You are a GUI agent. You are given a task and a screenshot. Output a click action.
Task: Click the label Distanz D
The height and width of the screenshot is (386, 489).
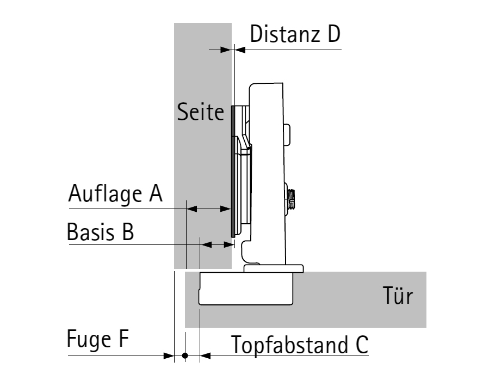tap(295, 34)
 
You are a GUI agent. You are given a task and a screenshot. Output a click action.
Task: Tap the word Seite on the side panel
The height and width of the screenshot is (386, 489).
tap(201, 112)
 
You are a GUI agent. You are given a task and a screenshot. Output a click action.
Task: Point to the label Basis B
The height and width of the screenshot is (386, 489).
tap(100, 232)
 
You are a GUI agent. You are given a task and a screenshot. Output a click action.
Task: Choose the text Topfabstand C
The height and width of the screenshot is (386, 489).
tap(300, 345)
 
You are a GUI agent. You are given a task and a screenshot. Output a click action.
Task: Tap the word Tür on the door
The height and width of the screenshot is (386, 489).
tap(398, 297)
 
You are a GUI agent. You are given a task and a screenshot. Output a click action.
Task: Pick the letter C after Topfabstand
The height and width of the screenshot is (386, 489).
tap(362, 345)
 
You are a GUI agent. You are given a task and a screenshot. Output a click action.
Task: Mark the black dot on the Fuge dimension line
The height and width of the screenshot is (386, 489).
tap(185, 356)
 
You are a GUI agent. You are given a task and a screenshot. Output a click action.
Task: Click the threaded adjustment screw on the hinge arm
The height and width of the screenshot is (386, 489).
tap(292, 198)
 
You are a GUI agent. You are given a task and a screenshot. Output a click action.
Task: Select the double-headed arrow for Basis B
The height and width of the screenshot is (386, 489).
tap(216, 246)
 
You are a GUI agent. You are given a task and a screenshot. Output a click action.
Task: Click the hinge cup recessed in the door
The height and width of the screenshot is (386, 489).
tap(246, 288)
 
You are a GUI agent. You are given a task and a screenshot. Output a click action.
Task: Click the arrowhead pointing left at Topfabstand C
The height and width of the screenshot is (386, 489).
tap(205, 356)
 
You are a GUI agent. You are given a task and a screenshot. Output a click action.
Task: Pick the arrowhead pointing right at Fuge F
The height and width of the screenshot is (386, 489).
tap(169, 356)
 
